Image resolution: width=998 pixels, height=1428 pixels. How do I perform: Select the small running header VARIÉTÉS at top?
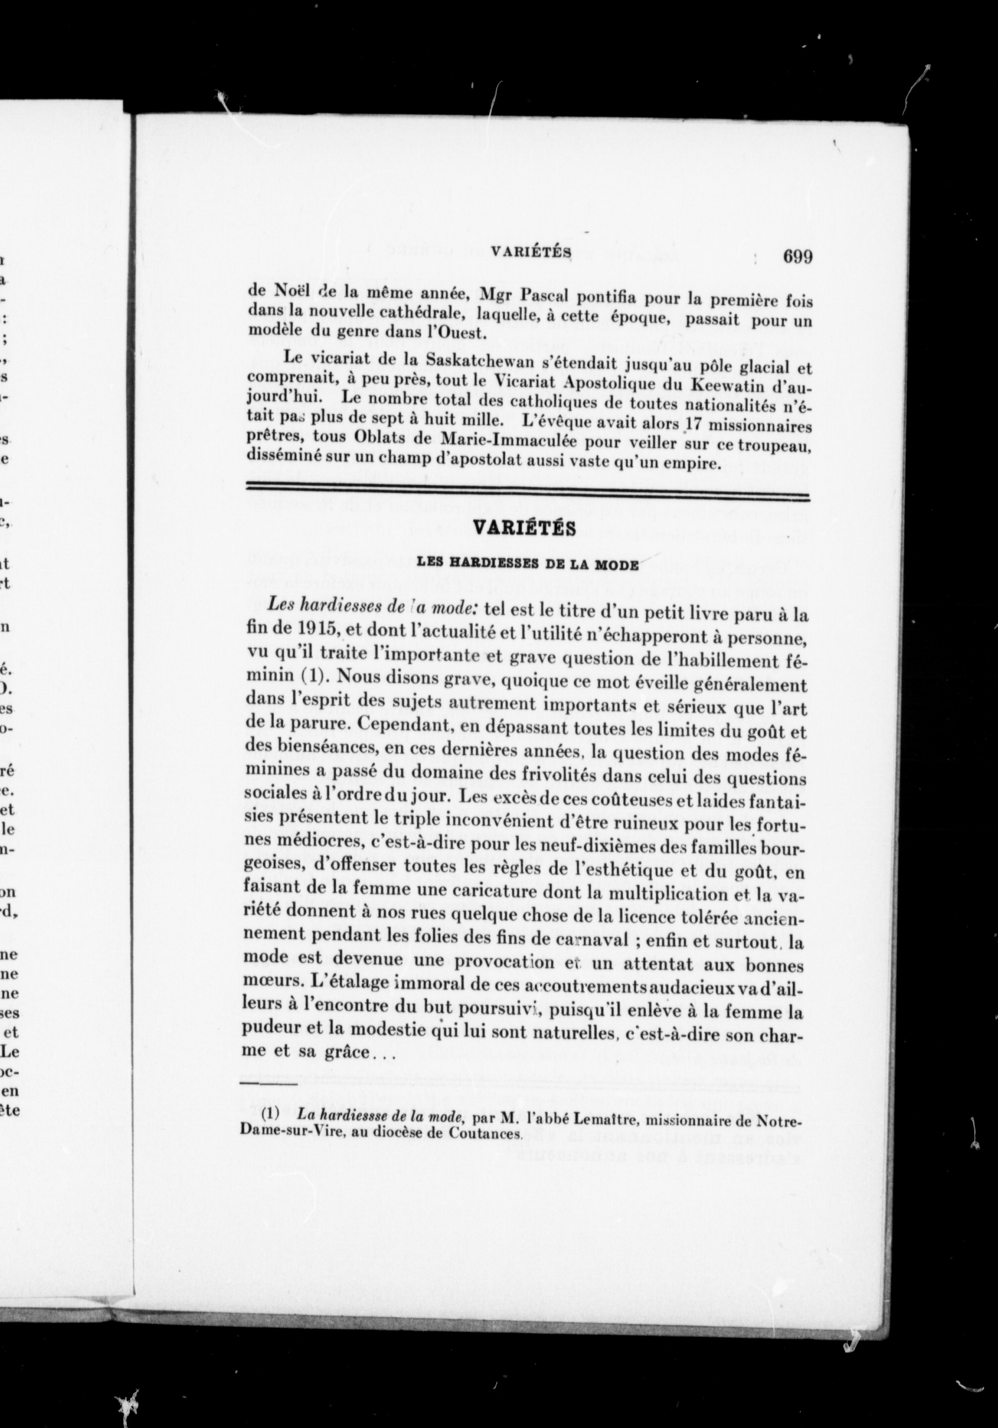pos(531,252)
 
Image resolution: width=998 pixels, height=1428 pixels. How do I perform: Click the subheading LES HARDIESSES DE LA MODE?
pos(527,564)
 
